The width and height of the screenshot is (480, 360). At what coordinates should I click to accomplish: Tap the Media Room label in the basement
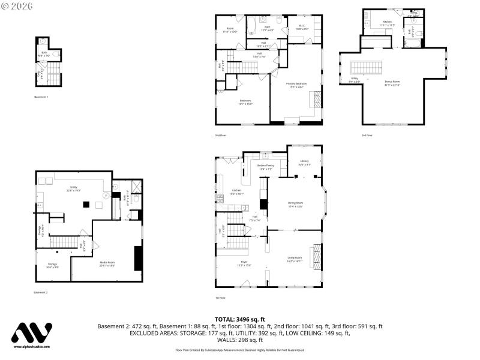click(107, 263)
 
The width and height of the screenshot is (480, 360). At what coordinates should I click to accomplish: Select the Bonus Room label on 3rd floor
click(392, 84)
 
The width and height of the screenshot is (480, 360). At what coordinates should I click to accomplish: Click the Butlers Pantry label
click(265, 167)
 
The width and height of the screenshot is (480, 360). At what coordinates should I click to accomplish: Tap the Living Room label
click(295, 258)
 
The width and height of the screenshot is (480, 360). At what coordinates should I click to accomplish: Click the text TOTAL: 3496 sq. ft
click(239, 319)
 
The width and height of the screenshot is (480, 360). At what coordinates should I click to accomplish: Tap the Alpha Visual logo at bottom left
click(32, 335)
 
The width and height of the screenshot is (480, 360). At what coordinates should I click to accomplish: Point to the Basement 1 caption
click(41, 97)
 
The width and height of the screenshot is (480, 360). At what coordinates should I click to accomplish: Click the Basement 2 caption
click(41, 292)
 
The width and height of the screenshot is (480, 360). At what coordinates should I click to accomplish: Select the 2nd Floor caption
click(221, 135)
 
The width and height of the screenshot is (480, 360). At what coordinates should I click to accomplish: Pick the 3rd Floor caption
click(367, 135)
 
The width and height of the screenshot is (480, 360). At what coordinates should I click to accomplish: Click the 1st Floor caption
click(221, 298)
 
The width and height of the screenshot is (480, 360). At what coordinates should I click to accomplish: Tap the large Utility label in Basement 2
click(74, 188)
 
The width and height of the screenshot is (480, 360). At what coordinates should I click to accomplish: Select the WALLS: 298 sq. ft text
click(239, 340)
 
